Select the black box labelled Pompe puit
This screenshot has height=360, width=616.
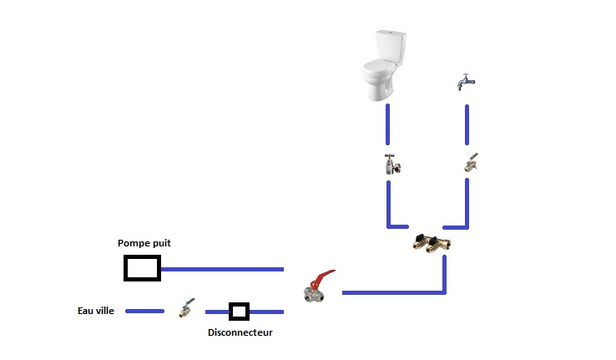(x=142, y=268)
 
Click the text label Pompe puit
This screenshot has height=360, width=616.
(x=144, y=243)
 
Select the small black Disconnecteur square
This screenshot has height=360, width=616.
(x=240, y=312)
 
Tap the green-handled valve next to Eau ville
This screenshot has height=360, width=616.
(x=186, y=310)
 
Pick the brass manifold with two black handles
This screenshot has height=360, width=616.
(x=431, y=244)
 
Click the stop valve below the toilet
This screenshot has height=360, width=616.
(x=390, y=164)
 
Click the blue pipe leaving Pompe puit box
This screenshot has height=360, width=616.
(x=222, y=269)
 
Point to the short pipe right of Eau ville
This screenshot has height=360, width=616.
(x=144, y=311)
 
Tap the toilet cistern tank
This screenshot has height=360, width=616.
(x=389, y=46)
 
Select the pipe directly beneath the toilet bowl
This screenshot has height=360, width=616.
(x=387, y=125)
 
